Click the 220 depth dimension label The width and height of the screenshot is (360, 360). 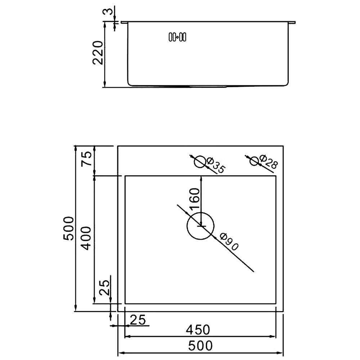point(97,53)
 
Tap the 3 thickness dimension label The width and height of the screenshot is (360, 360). point(110,11)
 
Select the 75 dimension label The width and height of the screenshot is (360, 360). point(87,159)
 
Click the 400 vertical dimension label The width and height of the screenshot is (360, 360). point(86,238)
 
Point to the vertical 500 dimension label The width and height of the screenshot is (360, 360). point(68,229)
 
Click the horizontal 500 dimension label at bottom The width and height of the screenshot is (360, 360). point(201,346)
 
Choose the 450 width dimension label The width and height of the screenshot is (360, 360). point(198,330)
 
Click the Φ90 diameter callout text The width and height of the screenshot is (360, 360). point(229,242)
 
